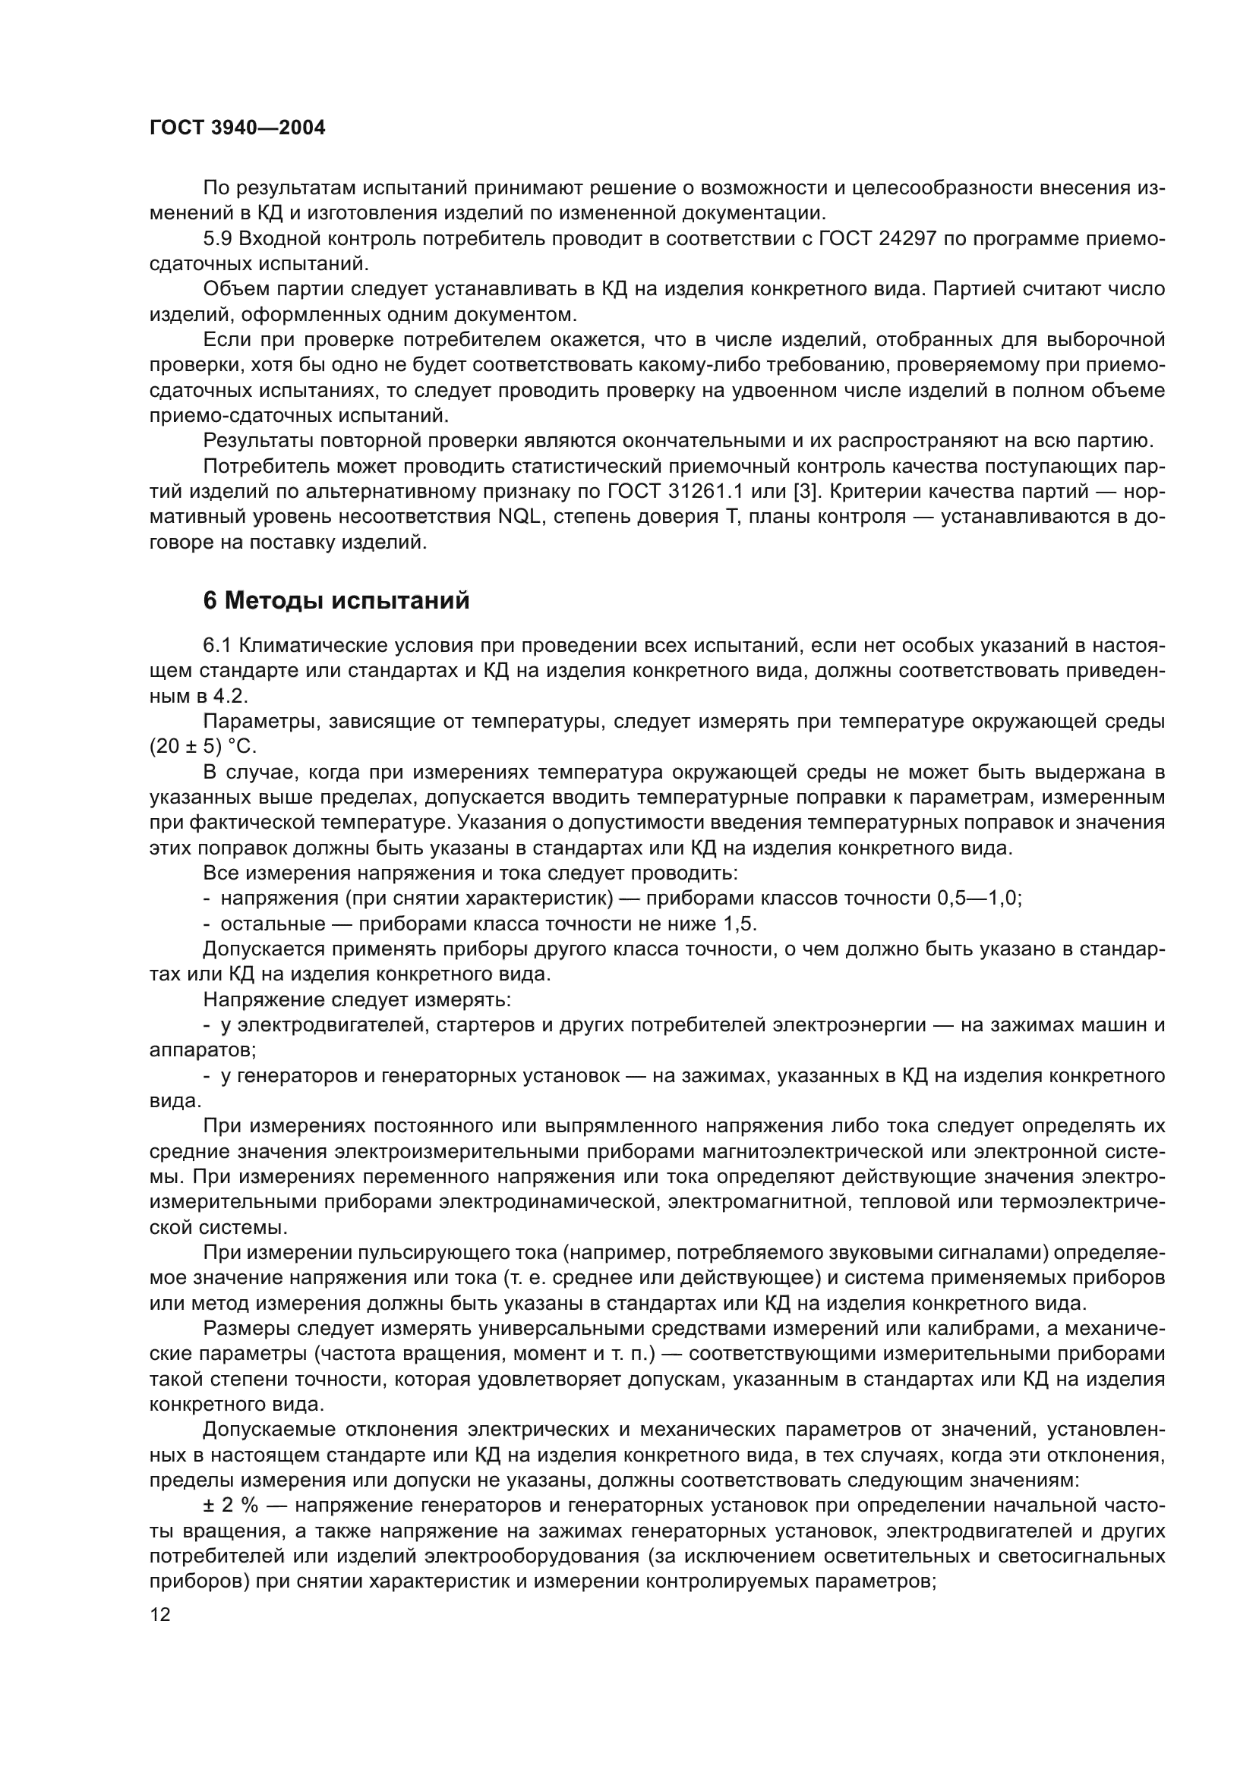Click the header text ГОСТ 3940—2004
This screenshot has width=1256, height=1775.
tap(237, 128)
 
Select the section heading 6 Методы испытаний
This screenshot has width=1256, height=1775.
tap(336, 600)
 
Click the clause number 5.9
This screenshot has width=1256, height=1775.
tap(218, 239)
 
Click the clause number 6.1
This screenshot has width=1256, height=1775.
tap(218, 646)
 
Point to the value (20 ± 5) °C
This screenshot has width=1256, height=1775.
tap(203, 747)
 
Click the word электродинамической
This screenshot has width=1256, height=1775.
tap(547, 1202)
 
